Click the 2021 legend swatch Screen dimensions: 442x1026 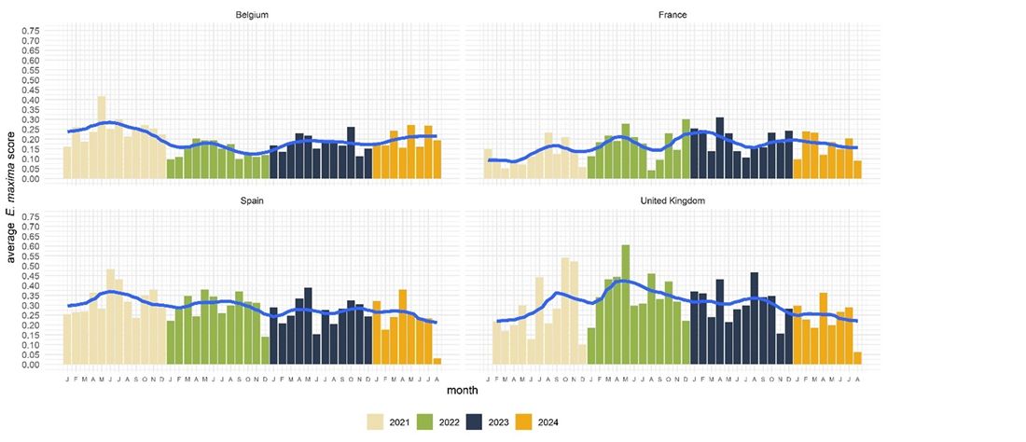tap(378, 422)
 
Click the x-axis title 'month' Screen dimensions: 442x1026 tap(464, 387)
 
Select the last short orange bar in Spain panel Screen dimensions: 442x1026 tap(437, 361)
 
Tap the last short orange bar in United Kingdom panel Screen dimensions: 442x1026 tap(857, 358)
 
